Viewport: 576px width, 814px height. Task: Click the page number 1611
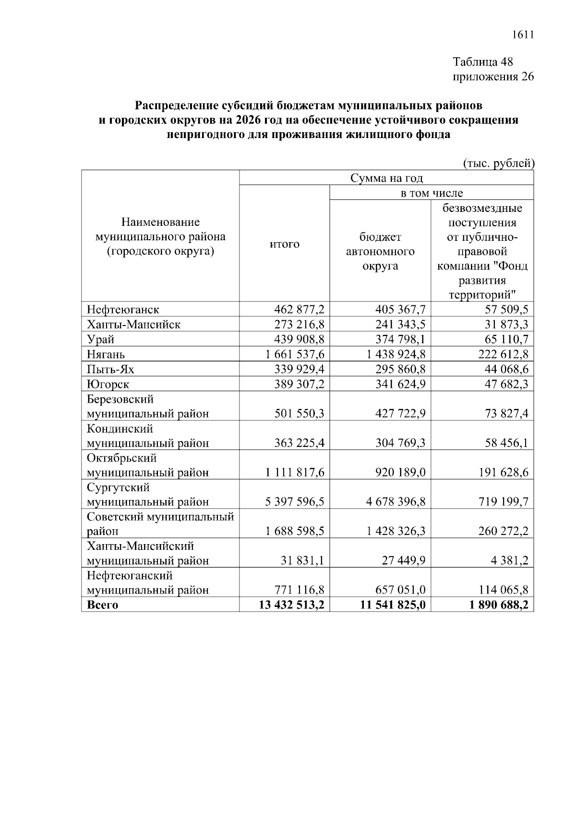point(523,35)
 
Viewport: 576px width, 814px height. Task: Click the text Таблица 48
point(483,62)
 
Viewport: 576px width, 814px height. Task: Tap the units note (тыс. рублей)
point(498,163)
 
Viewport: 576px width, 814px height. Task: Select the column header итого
point(284,244)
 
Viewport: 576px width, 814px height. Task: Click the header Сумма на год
point(386,178)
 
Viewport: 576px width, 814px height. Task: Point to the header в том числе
point(432,193)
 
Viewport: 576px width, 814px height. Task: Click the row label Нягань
point(106,354)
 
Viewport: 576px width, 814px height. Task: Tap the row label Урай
point(100,339)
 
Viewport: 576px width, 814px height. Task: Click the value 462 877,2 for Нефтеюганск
point(299,310)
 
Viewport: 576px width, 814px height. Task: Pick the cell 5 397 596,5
point(295,502)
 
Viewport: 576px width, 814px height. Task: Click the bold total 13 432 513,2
point(291,605)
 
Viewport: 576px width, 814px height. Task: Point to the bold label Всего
point(102,605)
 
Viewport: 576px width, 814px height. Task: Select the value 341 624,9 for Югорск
point(400,384)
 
